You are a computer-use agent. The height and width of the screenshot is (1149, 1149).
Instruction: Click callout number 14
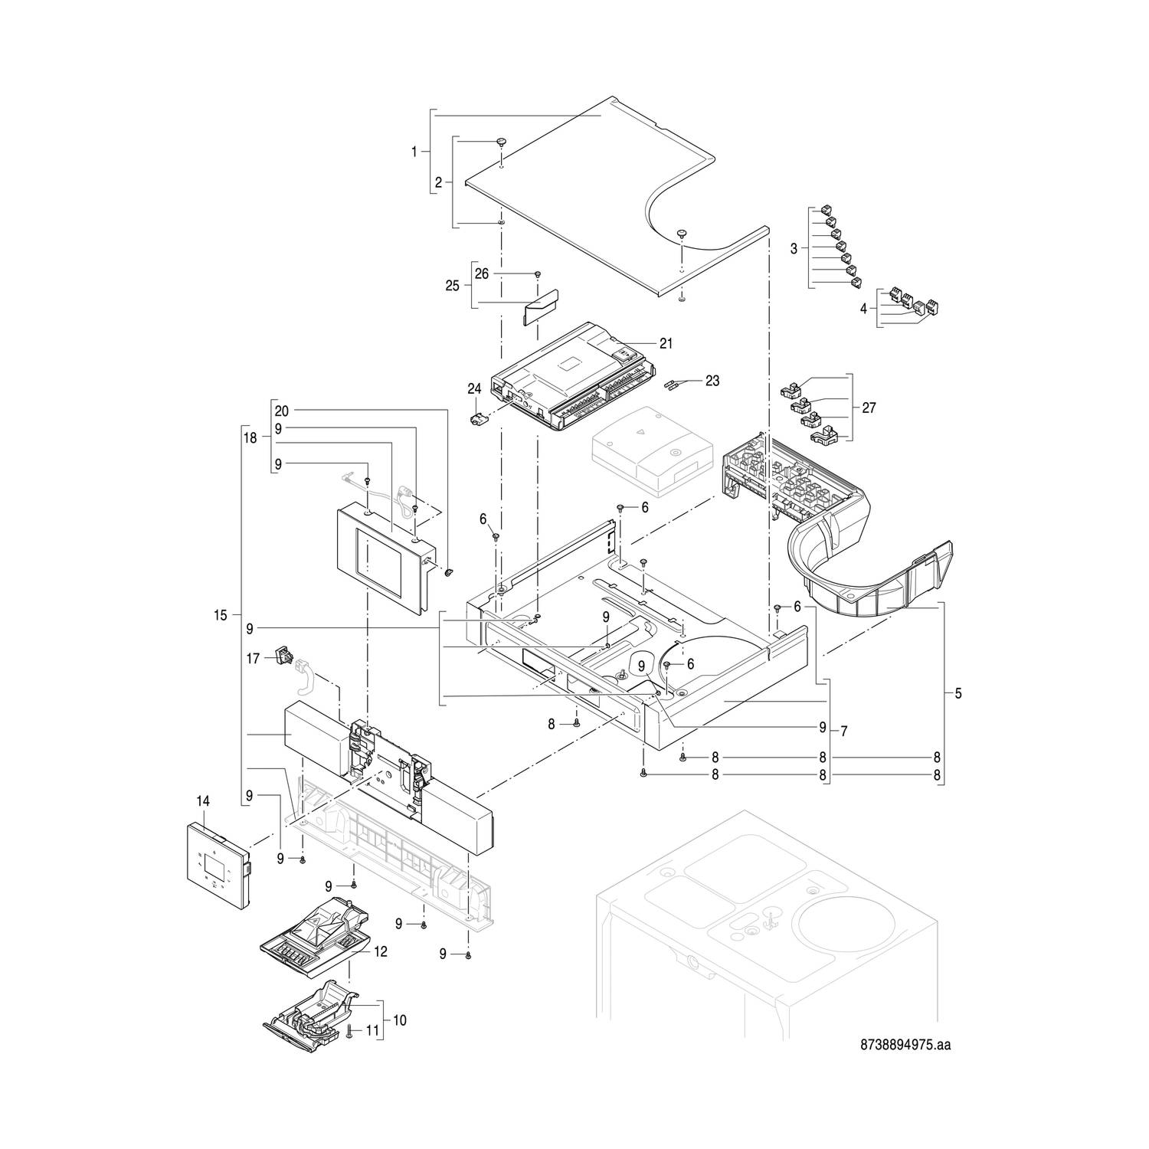point(202,801)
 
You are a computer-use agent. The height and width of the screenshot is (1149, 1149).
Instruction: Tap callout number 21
point(666,344)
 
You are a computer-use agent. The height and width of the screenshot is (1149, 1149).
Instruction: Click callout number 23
point(712,381)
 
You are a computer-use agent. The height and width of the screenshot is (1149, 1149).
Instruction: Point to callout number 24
point(474,389)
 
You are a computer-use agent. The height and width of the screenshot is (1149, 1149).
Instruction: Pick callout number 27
point(869,408)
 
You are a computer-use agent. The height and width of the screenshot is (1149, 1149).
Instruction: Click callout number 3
point(794,248)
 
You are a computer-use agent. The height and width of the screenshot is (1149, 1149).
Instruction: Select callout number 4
point(863,309)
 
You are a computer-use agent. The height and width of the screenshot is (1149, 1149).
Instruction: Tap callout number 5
point(957,693)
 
